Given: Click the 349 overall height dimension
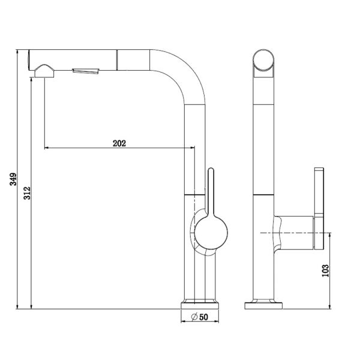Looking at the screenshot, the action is pos(13,179).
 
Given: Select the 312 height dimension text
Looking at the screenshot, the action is pos(27,193).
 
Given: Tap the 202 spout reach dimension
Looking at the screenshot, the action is pos(119,143).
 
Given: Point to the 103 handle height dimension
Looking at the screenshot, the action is pos(325,271).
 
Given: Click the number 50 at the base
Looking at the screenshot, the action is pos(203,317).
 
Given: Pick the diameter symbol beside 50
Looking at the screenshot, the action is pos(194,317).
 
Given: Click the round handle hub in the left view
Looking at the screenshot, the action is pos(211,232).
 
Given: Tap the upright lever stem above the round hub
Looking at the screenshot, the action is pos(211,192).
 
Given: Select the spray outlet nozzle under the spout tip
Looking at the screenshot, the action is pos(44,71).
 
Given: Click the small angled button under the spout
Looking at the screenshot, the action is pos(86,71).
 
